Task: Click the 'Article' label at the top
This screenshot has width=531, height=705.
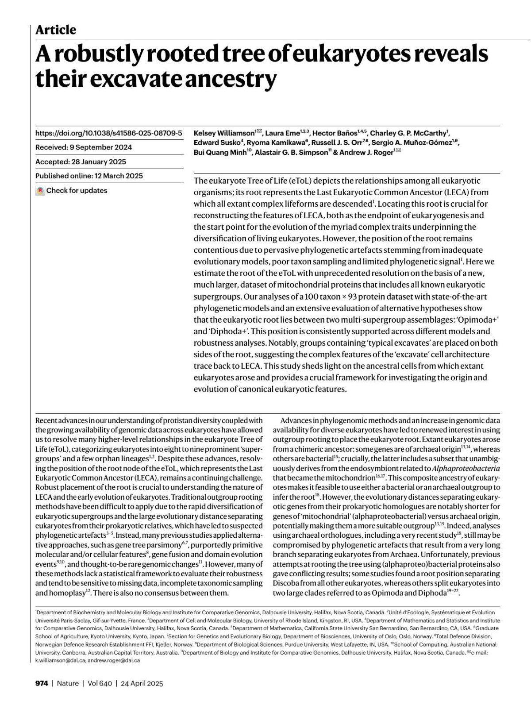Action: pyautogui.click(x=56, y=30)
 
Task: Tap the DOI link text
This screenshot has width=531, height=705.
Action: pyautogui.click(x=108, y=133)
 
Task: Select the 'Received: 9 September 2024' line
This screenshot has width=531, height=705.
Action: pyautogui.click(x=84, y=147)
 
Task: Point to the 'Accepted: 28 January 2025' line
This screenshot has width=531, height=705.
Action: pyautogui.click(x=81, y=162)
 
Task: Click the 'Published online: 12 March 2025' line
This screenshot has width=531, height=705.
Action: pyautogui.click(x=89, y=176)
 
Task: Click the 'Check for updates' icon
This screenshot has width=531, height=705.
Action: pyautogui.click(x=40, y=191)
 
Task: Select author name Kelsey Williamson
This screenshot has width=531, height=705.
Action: pyautogui.click(x=224, y=133)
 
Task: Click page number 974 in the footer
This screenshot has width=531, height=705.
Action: pyautogui.click(x=42, y=683)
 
